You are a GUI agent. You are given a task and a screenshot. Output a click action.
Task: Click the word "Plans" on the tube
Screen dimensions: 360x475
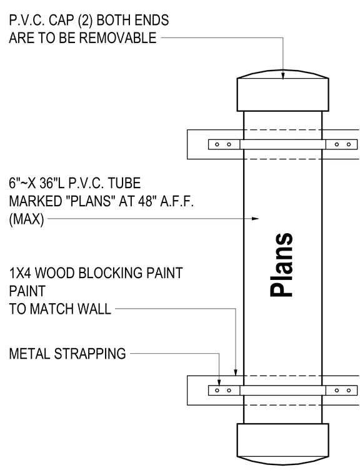281,264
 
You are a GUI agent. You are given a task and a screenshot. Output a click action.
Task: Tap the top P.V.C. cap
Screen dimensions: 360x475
282,91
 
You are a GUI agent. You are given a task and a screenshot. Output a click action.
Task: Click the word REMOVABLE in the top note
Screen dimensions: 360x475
118,38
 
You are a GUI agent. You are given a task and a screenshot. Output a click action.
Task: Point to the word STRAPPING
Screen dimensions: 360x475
90,354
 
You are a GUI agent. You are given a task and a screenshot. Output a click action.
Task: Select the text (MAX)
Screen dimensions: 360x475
26,219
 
